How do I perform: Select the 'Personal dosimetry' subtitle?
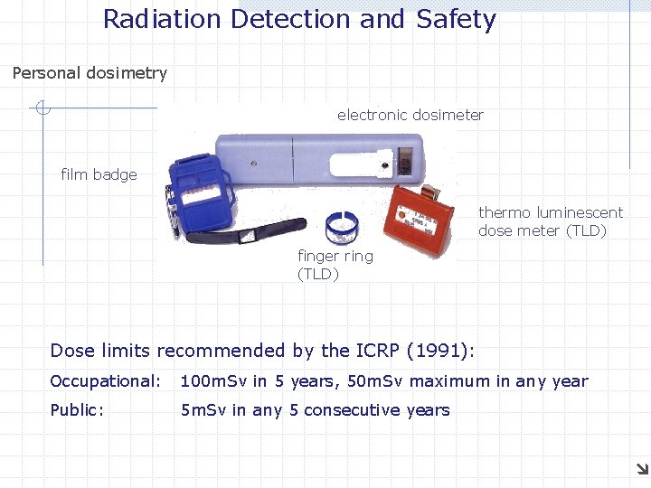(x=90, y=73)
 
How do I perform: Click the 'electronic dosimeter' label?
(x=410, y=115)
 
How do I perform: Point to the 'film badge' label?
(x=99, y=174)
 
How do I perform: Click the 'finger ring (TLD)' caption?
(x=335, y=265)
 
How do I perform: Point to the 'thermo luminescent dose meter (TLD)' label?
(x=551, y=221)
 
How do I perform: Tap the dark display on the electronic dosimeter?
(x=404, y=166)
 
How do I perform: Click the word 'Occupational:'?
(x=105, y=381)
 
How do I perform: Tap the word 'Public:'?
(x=77, y=410)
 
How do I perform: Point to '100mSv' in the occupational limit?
(x=213, y=381)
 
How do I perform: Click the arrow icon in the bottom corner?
(x=641, y=468)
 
